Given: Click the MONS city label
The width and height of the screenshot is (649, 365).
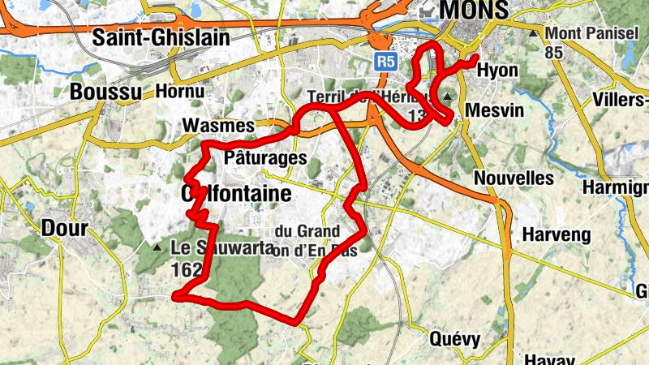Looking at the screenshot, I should coord(475,10).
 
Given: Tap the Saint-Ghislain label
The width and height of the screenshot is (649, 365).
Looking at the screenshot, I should coord(161,37).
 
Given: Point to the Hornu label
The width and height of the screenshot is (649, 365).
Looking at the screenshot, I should coord(178,91).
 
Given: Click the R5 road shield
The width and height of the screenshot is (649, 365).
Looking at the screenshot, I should coord(386,60).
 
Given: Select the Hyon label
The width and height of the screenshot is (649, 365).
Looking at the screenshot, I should coord(496,71).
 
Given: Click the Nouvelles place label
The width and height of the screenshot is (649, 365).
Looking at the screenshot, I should coord(513,178).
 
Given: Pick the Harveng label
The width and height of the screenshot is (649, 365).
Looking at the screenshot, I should coord(552,234).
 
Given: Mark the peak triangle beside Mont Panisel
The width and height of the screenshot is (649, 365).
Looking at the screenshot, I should coord(533,34).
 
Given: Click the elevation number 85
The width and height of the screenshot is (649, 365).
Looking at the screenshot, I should coord(555,53).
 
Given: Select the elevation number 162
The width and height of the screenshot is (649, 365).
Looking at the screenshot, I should coord(184,273).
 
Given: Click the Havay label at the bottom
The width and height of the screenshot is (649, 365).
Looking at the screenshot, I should coord(549,359).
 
